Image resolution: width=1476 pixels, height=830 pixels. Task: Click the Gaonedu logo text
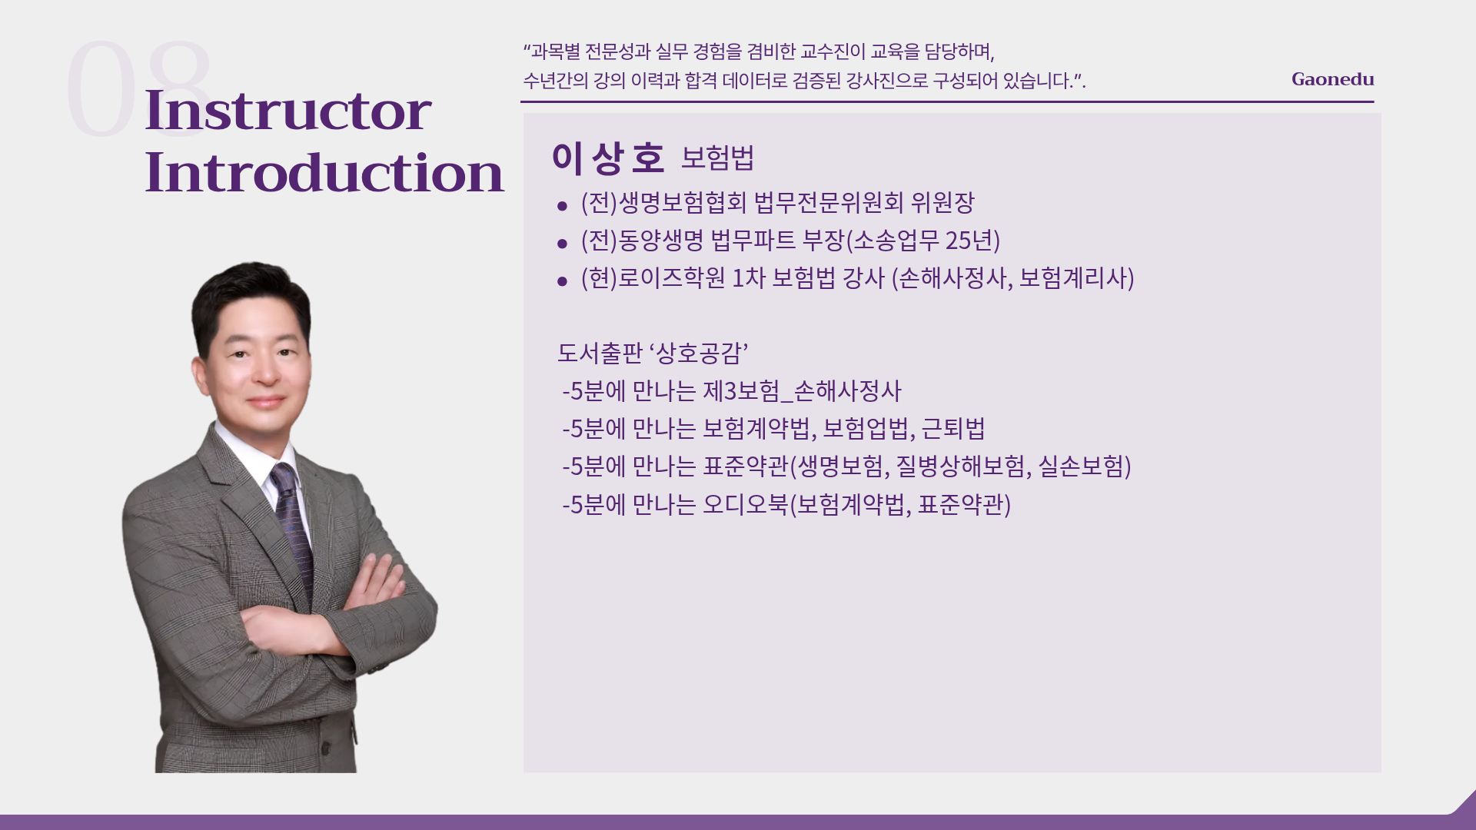click(x=1332, y=79)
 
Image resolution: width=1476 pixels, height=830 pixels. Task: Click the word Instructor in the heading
click(x=288, y=110)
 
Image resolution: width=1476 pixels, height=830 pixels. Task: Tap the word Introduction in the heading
click(x=324, y=172)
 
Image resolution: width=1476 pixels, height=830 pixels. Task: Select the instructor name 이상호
click(x=607, y=158)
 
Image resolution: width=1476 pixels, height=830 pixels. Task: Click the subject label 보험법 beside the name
click(x=717, y=158)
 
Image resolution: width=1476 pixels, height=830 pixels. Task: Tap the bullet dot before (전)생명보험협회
click(x=562, y=205)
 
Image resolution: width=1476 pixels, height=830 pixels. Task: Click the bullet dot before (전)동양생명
click(x=562, y=244)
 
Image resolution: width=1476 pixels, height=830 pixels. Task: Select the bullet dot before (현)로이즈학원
click(x=562, y=281)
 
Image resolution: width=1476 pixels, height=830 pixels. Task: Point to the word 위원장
click(x=942, y=203)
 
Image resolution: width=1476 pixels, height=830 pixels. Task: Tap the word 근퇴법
click(x=953, y=429)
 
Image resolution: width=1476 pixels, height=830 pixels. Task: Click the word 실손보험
click(x=1080, y=466)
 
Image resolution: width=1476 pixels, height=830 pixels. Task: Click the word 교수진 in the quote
click(x=833, y=51)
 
